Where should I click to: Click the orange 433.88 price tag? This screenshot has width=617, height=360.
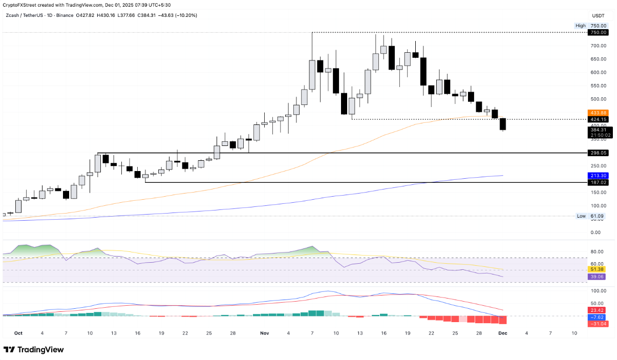coord(598,113)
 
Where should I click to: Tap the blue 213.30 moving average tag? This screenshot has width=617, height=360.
coord(598,175)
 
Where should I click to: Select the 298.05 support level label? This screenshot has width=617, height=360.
coord(598,153)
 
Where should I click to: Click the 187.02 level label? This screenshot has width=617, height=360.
coord(598,182)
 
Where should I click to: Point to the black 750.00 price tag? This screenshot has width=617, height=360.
coord(598,32)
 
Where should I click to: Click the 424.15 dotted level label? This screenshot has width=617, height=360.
coord(598,120)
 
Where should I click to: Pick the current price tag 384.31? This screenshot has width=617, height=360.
coord(598,130)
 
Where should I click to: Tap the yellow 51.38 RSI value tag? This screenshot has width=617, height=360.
coord(598,269)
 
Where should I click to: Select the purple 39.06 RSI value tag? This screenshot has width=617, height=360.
coord(598,276)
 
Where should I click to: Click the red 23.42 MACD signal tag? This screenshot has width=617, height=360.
coord(598,310)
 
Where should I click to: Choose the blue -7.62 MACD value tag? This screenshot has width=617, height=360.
coord(598,317)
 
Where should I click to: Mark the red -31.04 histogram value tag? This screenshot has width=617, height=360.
coord(598,324)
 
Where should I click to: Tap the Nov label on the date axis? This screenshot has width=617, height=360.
coord(264,333)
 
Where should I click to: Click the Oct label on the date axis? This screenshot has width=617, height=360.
coord(18,333)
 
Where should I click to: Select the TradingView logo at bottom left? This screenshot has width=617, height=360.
coord(34,350)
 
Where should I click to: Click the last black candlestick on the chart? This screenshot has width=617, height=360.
coord(503,124)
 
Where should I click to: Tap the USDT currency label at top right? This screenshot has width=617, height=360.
coord(599,15)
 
